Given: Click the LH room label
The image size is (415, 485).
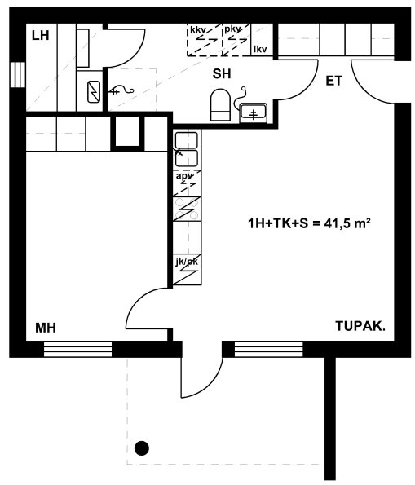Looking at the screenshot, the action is click(x=41, y=36).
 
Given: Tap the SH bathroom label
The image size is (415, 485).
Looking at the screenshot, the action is click(x=222, y=74).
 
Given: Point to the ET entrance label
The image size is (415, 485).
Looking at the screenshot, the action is click(x=334, y=81).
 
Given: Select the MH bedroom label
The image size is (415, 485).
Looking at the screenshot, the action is click(x=46, y=328).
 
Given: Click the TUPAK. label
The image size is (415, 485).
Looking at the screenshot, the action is click(x=360, y=326).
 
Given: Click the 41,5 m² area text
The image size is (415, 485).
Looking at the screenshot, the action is click(x=347, y=223).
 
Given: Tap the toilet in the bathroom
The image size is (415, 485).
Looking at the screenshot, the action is click(x=220, y=105).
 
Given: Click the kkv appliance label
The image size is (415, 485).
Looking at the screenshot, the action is click(x=197, y=30).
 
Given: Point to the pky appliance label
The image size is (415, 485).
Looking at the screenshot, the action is click(x=232, y=29).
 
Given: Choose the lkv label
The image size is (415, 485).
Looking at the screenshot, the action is click(x=260, y=49).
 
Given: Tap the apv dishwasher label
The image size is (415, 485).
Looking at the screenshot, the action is click(x=184, y=176).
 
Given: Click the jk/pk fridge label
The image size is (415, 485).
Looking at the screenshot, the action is click(x=187, y=262).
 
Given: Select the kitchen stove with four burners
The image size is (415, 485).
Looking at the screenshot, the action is click(x=187, y=209).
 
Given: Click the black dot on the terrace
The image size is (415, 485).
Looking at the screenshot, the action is click(x=142, y=448).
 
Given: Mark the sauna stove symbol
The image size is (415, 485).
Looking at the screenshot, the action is click(x=94, y=91).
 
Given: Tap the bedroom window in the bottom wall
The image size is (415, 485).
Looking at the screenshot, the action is click(x=77, y=349).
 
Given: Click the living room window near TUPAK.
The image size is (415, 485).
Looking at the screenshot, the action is click(x=268, y=349).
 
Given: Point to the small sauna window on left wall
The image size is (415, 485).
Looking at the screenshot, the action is click(x=18, y=74).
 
